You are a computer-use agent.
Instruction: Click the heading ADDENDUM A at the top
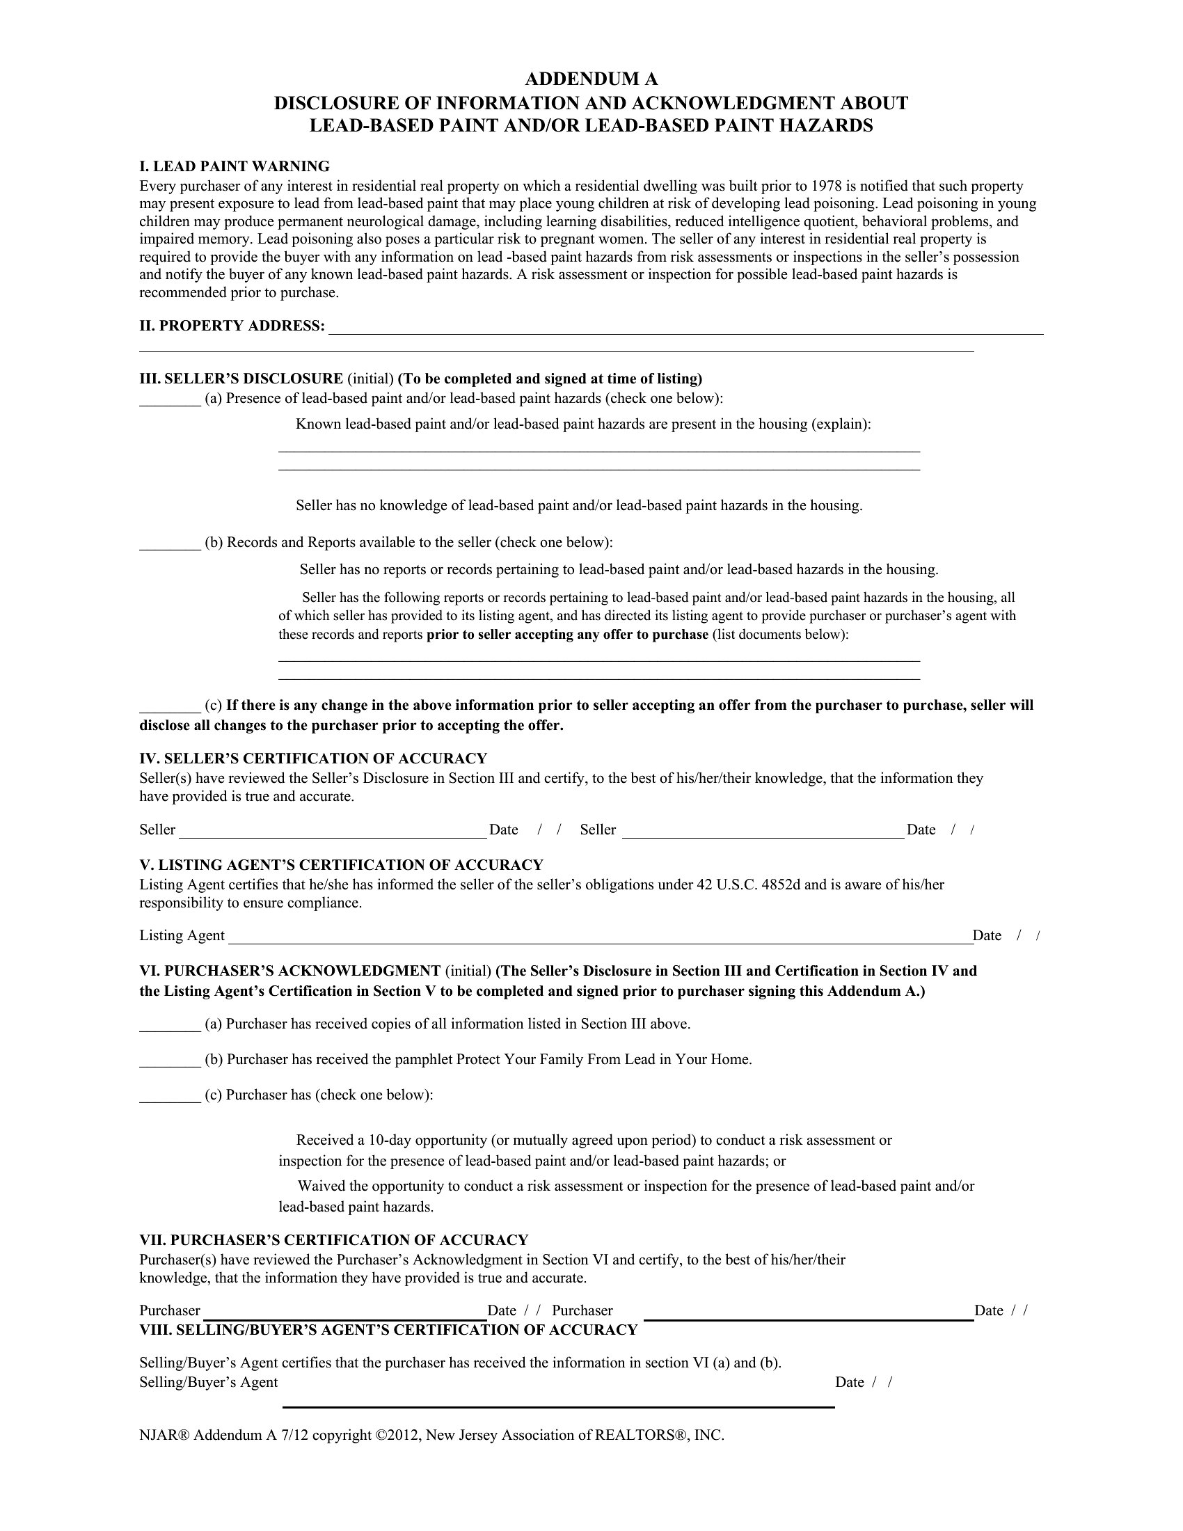[x=591, y=79]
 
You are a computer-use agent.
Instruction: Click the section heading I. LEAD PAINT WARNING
[x=234, y=167]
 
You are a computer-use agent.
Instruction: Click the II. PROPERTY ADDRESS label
[x=232, y=326]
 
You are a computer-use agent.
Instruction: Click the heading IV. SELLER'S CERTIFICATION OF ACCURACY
[x=312, y=759]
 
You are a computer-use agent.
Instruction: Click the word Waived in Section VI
[x=320, y=1186]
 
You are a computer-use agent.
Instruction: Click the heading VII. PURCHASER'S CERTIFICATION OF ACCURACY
[x=333, y=1240]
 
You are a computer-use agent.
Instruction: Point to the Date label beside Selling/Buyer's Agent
[x=849, y=1382]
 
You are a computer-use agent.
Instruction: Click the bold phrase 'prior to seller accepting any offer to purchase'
[x=567, y=635]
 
